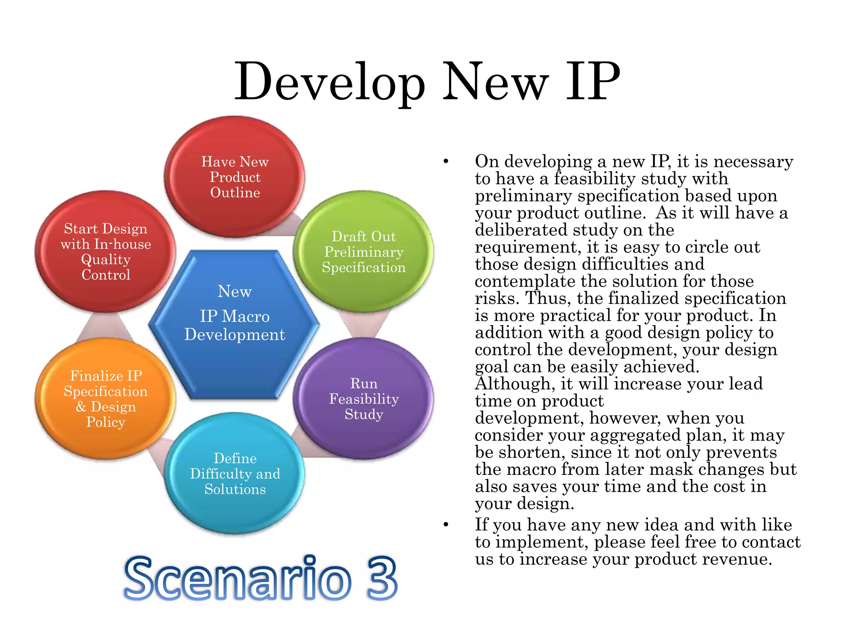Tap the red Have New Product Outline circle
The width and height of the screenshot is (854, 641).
[x=235, y=177]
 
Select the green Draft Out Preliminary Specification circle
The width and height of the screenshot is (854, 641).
[x=364, y=252]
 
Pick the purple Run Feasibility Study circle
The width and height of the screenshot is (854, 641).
[x=364, y=399]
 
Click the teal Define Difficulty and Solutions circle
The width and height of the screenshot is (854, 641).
[x=235, y=474]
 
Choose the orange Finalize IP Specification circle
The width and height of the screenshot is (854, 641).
[x=105, y=399]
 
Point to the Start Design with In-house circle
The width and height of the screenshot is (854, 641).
[x=105, y=252]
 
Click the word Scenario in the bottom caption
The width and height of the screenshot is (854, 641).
[x=238, y=578]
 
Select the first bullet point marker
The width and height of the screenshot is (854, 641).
[x=446, y=162]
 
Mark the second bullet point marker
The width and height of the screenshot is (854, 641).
[x=446, y=525]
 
